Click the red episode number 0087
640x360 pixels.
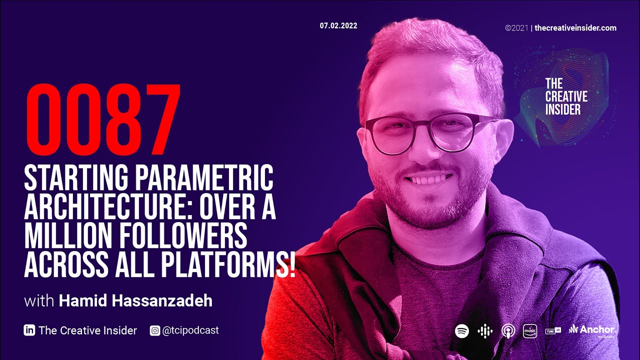[x=102, y=120]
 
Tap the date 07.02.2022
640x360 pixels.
[x=338, y=26]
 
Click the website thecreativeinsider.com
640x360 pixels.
[x=575, y=28]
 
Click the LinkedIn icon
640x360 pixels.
[x=29, y=330]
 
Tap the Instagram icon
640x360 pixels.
[x=155, y=330]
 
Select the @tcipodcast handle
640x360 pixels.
[x=190, y=330]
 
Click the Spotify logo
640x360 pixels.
[x=462, y=331]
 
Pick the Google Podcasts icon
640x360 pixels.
[x=485, y=331]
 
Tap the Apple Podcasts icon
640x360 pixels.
[x=508, y=331]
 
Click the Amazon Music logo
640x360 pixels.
[x=530, y=331]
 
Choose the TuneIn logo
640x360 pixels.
[x=552, y=331]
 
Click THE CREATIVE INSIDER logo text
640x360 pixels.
[x=566, y=96]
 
